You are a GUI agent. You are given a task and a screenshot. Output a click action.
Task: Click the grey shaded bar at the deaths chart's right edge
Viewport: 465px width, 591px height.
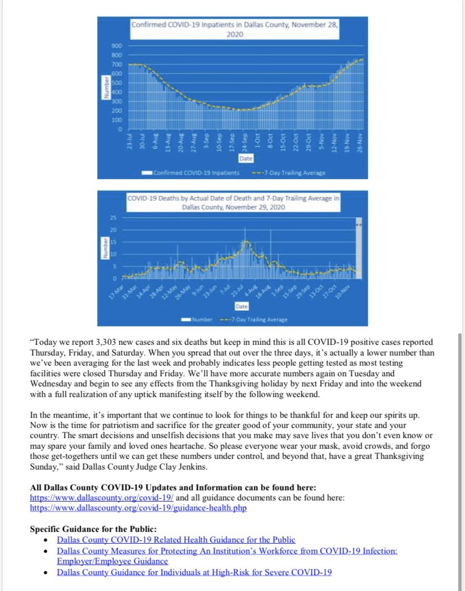(359, 247)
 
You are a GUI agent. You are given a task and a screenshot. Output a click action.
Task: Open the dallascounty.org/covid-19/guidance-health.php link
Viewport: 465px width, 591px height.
(138, 508)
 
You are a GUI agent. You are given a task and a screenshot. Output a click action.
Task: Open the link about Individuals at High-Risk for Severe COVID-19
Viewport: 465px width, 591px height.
(194, 572)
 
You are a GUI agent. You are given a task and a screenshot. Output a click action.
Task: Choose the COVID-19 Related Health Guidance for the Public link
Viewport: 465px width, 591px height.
(176, 540)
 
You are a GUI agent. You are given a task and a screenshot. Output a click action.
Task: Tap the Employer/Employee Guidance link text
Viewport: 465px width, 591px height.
(112, 561)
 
